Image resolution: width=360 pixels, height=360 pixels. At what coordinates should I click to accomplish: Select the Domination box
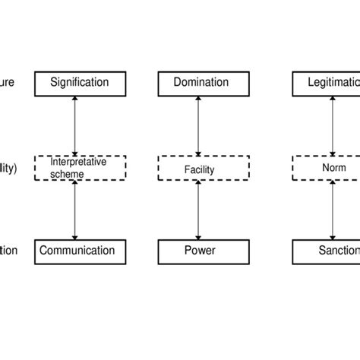[x=197, y=81]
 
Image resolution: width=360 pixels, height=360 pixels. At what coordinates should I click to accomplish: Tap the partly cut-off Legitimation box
[x=326, y=81]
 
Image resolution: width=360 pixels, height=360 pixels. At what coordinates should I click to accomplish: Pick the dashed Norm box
[x=326, y=167]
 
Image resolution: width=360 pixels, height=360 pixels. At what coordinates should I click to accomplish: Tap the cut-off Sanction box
[x=326, y=251]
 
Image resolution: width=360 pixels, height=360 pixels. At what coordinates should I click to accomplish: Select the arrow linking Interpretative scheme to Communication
[x=74, y=210]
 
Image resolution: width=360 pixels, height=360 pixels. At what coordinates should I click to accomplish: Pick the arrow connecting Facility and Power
[x=197, y=210]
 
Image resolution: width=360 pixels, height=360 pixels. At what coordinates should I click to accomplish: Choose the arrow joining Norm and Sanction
[x=333, y=210]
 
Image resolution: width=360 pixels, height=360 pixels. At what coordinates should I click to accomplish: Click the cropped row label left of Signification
[x=6, y=81]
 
